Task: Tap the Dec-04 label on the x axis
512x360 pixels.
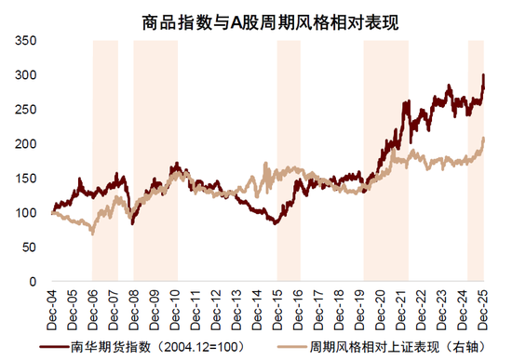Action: point(52,306)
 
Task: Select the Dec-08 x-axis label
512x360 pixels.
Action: point(135,306)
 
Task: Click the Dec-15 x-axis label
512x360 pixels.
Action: point(279,306)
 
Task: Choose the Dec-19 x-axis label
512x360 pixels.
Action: point(361,306)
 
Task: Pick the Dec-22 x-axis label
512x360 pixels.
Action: point(424,306)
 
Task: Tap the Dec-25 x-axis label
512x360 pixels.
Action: point(485,306)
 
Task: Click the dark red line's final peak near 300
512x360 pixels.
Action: point(484,75)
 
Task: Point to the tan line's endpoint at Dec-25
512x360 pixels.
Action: point(485,139)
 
